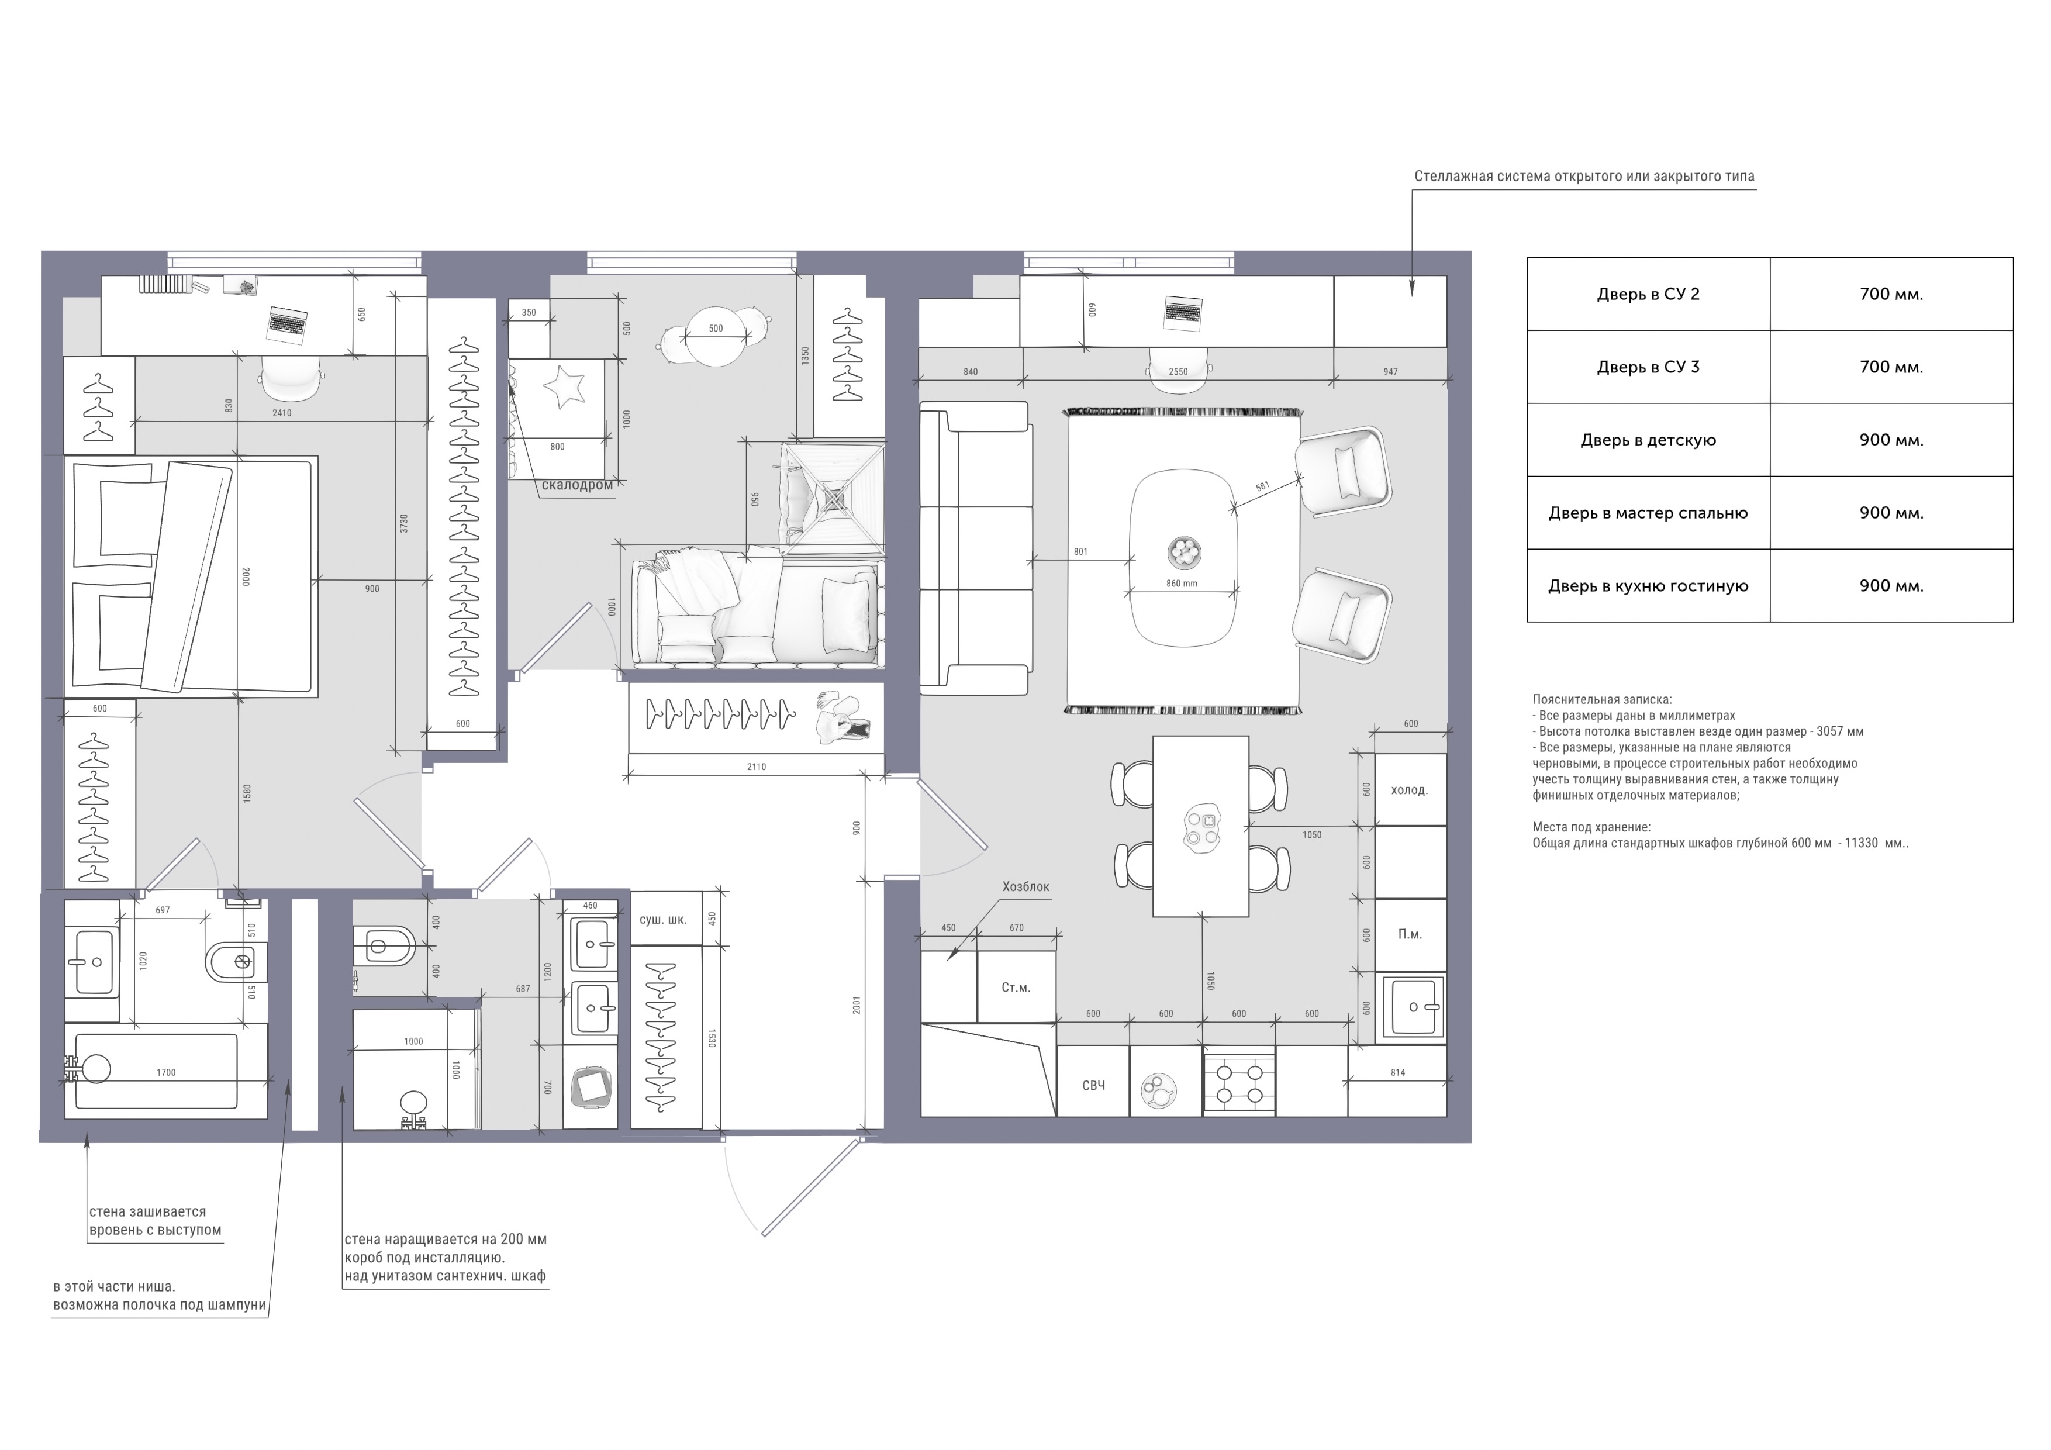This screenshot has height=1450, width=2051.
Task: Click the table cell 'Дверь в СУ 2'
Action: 1648,294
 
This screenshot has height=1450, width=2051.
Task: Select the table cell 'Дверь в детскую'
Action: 1648,440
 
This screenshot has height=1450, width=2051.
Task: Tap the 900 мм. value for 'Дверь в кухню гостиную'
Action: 1891,586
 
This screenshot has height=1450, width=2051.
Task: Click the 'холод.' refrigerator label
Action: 1410,790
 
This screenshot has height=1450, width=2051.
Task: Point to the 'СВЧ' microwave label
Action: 1093,1086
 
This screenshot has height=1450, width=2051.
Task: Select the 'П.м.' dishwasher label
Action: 1410,934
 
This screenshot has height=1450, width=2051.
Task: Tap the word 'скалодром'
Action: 577,485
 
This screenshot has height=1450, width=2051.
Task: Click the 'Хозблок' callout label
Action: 1025,887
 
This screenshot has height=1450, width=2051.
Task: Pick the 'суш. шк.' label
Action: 663,919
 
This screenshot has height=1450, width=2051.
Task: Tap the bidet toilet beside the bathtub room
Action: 230,962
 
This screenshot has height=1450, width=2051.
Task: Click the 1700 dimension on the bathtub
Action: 166,1072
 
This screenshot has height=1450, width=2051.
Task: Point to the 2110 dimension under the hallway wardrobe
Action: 756,767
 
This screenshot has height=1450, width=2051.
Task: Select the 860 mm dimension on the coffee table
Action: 1181,584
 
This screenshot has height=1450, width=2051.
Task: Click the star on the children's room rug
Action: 564,387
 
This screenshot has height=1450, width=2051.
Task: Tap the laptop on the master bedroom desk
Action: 288,323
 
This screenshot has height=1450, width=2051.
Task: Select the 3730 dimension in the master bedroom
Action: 404,523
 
